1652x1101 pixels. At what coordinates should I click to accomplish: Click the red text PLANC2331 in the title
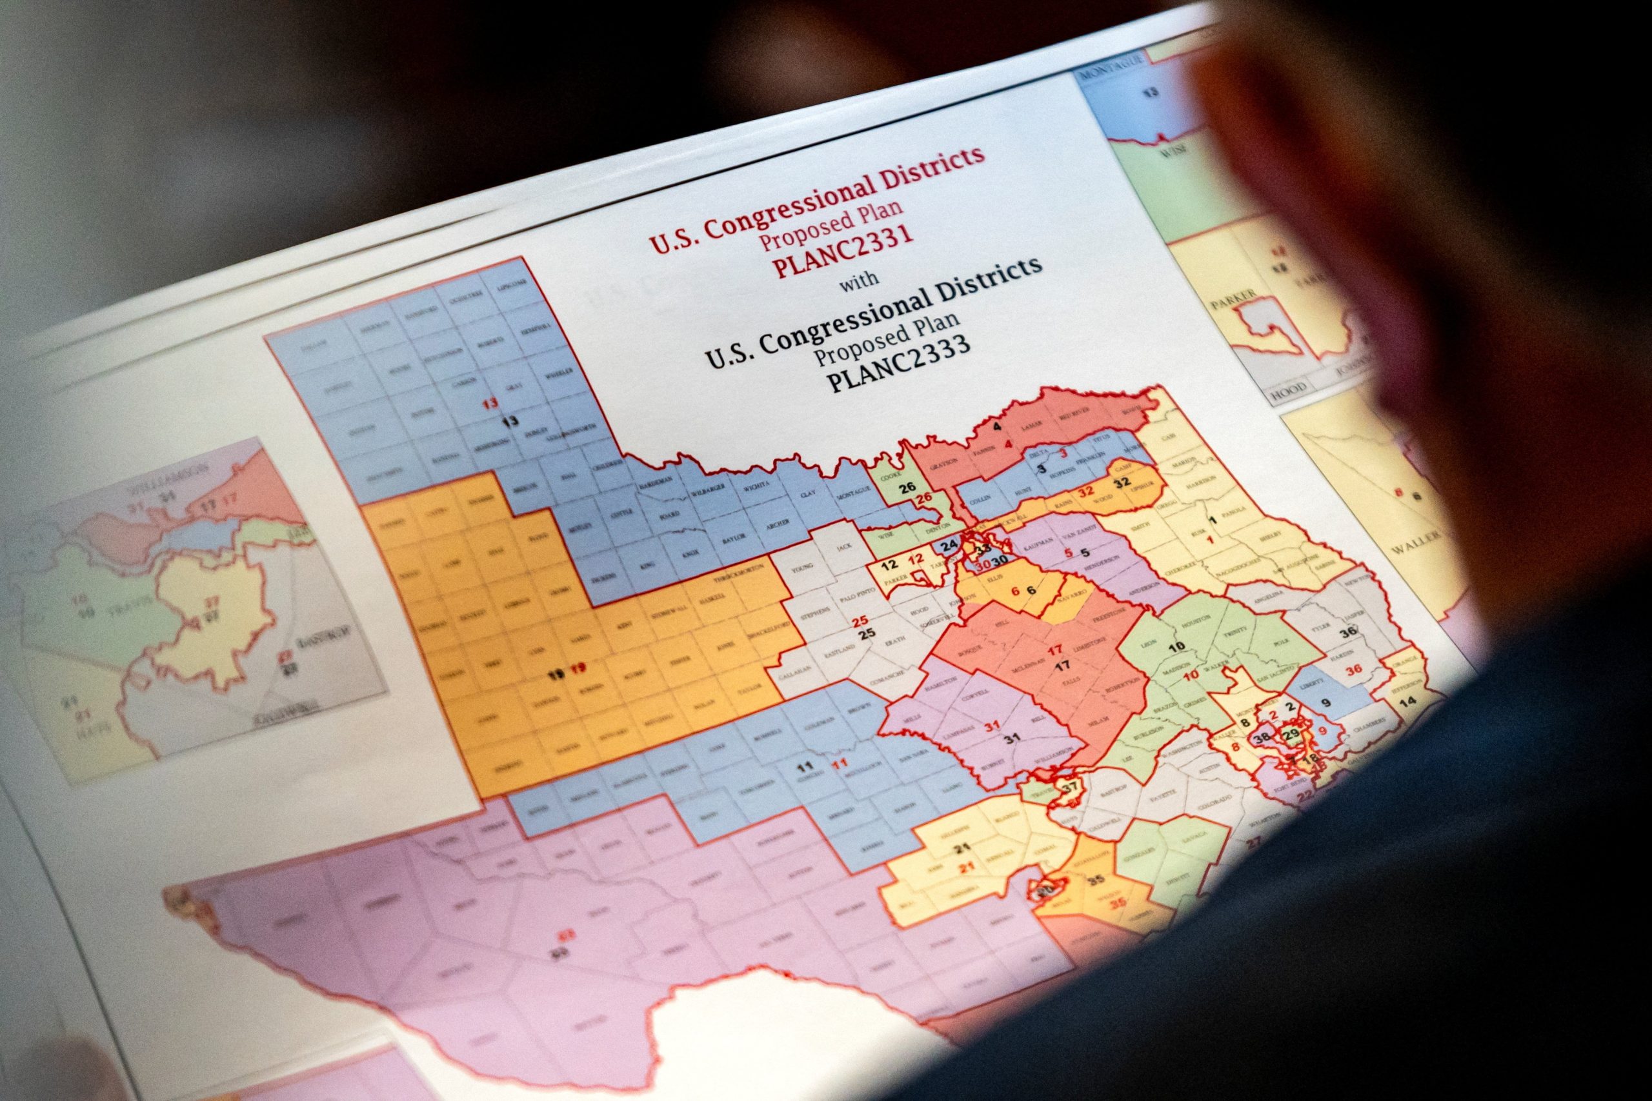pyautogui.click(x=842, y=248)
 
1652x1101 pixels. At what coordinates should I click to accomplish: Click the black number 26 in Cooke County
pyautogui.click(x=907, y=488)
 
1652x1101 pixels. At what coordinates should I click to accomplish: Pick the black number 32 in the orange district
pyautogui.click(x=1122, y=482)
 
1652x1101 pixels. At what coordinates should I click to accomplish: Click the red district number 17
pyautogui.click(x=1055, y=650)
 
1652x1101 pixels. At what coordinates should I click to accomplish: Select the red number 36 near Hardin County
pyautogui.click(x=1353, y=670)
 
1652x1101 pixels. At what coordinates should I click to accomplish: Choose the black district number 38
pyautogui.click(x=1262, y=737)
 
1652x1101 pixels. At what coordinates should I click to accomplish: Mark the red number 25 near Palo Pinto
pyautogui.click(x=860, y=620)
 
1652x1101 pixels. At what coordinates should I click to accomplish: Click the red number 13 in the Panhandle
pyautogui.click(x=490, y=404)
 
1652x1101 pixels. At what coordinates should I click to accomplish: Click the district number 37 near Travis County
pyautogui.click(x=1070, y=787)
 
